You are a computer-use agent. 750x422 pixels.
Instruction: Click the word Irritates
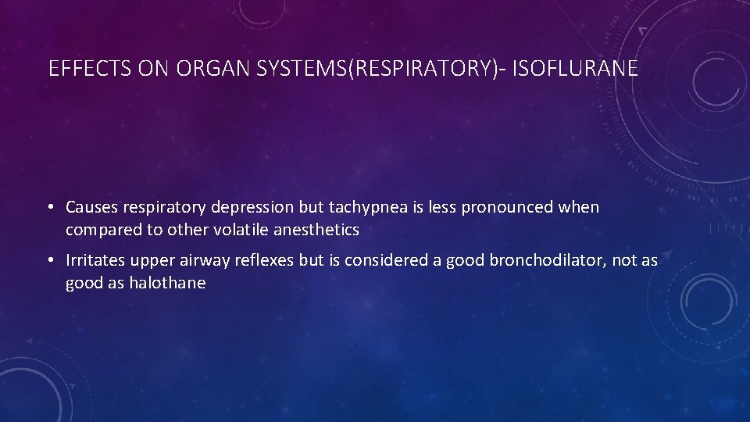tap(95, 260)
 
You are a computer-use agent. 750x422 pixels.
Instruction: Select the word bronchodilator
tap(546, 260)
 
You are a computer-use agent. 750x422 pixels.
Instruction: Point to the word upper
tap(155, 260)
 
